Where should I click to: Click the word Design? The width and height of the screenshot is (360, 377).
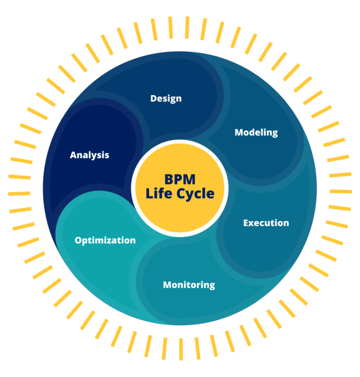pyautogui.click(x=166, y=98)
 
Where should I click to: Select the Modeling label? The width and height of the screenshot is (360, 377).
pyautogui.click(x=256, y=132)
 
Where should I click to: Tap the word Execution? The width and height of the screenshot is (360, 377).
pyautogui.click(x=266, y=223)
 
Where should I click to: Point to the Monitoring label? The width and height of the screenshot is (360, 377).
pyautogui.click(x=189, y=285)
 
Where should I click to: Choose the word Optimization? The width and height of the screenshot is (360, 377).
pyautogui.click(x=105, y=240)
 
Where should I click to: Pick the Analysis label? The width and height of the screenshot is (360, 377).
pyautogui.click(x=89, y=155)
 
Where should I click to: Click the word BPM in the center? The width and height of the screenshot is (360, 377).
pyautogui.click(x=179, y=179)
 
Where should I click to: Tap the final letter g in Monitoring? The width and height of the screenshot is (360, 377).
pyautogui.click(x=211, y=286)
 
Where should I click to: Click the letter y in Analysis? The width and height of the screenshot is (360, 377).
pyautogui.click(x=98, y=156)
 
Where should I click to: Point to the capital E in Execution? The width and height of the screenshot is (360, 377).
pyautogui.click(x=246, y=223)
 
